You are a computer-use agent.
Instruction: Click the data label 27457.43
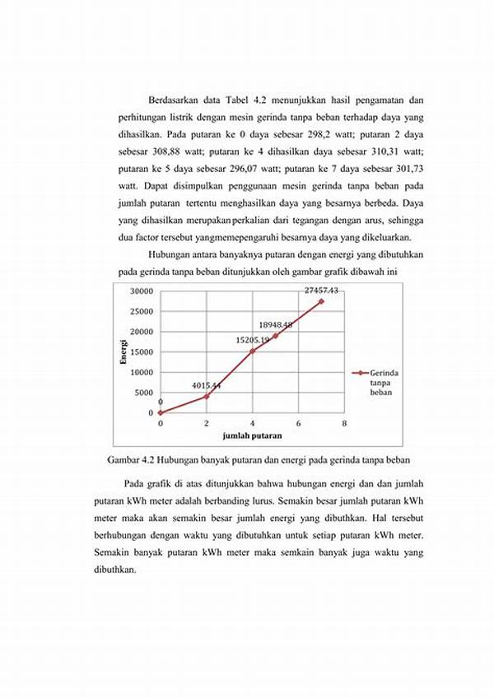click(x=322, y=291)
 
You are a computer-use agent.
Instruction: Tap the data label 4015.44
click(x=207, y=384)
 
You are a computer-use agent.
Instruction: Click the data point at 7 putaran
click(x=321, y=301)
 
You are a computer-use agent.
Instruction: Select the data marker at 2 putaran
click(x=207, y=397)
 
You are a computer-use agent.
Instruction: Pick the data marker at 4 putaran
click(x=253, y=351)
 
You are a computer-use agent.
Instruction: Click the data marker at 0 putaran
click(x=161, y=413)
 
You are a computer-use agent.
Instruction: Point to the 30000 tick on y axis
click(x=142, y=291)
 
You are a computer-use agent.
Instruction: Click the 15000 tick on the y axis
click(x=142, y=352)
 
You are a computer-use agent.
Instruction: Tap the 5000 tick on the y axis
click(x=144, y=393)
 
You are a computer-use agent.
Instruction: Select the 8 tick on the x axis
click(x=344, y=423)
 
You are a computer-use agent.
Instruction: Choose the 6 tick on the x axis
click(x=298, y=423)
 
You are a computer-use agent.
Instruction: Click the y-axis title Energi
click(x=123, y=351)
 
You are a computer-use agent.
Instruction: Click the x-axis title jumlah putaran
click(x=252, y=435)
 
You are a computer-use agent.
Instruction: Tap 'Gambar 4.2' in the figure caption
click(x=131, y=458)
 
